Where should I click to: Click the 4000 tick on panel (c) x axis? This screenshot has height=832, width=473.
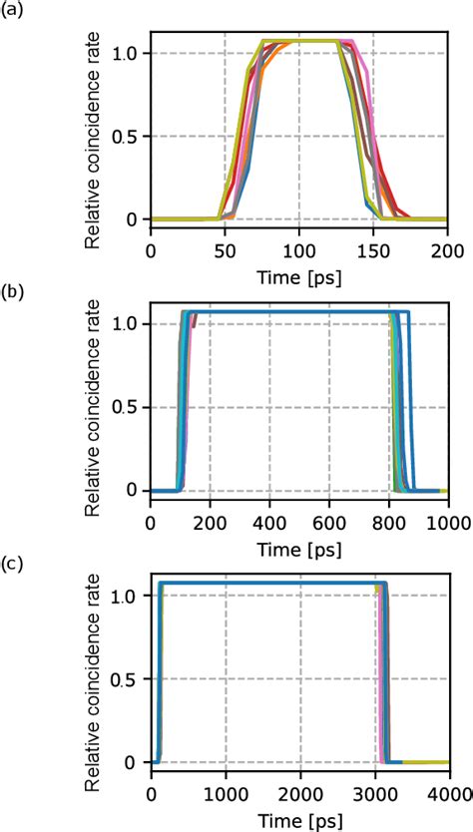pos(445,790)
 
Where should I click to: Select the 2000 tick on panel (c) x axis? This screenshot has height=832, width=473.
pos(298,790)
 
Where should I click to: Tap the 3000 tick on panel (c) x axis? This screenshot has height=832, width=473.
pos(373,790)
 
